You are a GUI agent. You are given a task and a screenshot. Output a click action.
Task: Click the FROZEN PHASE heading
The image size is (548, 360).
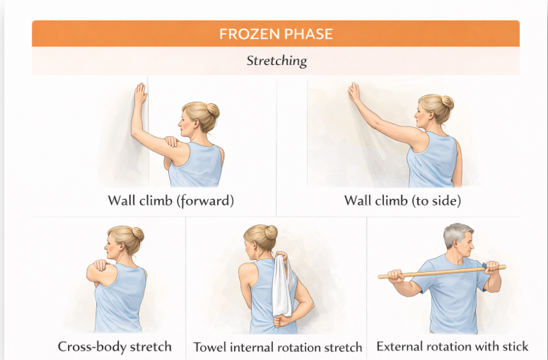[276, 34]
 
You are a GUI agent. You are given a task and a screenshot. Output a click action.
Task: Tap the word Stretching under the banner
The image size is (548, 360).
[277, 61]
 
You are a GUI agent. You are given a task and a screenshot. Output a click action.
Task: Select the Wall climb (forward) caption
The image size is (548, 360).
[170, 201]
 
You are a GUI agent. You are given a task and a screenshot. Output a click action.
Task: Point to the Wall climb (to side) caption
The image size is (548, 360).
[402, 201]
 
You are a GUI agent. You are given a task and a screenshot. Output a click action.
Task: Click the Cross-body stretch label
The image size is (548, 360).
[115, 347]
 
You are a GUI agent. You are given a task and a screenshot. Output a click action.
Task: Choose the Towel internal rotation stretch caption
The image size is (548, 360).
[277, 347]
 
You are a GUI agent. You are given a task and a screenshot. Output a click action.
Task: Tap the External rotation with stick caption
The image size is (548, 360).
[452, 346]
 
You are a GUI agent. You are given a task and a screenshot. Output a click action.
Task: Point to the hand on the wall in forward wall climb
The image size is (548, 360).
[140, 93]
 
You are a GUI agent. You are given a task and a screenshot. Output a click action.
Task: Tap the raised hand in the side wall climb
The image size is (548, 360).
[354, 92]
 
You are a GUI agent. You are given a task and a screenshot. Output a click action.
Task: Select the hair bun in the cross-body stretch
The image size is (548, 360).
[137, 234]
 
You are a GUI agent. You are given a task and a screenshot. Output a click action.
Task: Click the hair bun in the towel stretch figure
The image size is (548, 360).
[271, 232]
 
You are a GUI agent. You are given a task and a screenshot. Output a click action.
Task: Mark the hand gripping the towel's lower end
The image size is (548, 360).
[282, 320]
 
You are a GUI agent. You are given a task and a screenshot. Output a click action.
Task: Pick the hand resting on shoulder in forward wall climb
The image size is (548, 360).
[172, 141]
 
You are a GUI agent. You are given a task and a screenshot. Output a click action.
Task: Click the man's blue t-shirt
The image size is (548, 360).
[451, 294]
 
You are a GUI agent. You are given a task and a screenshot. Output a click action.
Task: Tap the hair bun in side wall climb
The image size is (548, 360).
[448, 102]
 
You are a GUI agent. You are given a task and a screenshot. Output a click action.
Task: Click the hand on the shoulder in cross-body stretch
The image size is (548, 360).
[100, 265]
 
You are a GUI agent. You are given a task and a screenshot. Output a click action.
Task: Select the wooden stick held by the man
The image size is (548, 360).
[442, 272]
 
